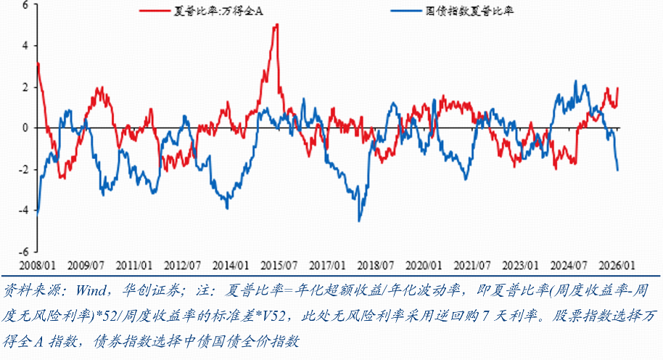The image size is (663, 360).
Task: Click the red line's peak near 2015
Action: pyautogui.click(x=276, y=25)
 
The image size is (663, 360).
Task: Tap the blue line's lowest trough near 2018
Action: pyautogui.click(x=358, y=221)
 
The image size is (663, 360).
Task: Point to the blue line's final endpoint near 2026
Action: pyautogui.click(x=618, y=171)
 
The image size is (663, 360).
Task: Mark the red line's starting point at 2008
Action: pyautogui.click(x=38, y=64)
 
